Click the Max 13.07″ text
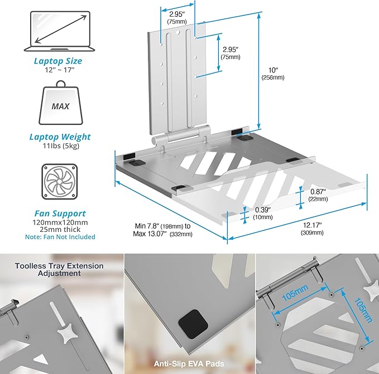[x=162, y=234]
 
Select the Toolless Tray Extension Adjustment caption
[x=59, y=270]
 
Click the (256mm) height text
[x=273, y=77]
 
